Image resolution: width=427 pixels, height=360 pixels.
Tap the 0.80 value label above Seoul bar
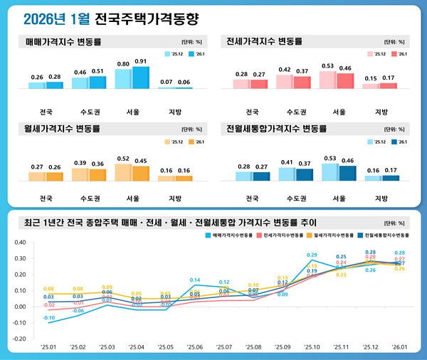[x=124, y=63]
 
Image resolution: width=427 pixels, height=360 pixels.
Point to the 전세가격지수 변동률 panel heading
[x=265, y=42]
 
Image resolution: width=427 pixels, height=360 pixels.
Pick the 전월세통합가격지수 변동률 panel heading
[x=276, y=129]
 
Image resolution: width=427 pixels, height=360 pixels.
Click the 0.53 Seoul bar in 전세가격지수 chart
[x=328, y=80]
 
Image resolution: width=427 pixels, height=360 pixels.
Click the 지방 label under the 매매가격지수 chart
[x=175, y=111]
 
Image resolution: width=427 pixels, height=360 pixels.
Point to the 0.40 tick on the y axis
[x=20, y=242]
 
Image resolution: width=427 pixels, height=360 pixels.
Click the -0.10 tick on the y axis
[x=19, y=323]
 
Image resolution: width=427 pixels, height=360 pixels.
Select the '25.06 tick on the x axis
[x=194, y=346]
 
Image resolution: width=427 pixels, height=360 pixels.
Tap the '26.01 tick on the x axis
[x=399, y=346]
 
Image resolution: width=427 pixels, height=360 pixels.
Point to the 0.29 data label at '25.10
[x=312, y=255]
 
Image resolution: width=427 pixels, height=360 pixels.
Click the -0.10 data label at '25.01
[x=48, y=317]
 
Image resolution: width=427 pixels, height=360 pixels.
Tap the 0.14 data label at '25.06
[x=194, y=280]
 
